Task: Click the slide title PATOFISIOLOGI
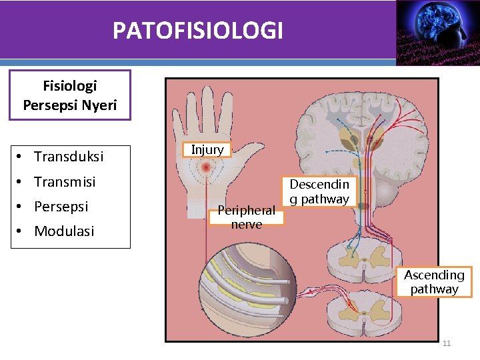(197, 31)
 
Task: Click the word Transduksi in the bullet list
(69, 157)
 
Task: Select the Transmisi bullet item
(65, 181)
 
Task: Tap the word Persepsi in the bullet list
(61, 206)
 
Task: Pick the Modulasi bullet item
(64, 231)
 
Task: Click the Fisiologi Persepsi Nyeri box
(70, 95)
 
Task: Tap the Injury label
(207, 149)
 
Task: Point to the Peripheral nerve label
(246, 217)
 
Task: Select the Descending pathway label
(319, 191)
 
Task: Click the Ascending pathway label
(434, 282)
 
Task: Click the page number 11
(447, 343)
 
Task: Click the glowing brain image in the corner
(437, 30)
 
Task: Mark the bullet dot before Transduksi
(22, 157)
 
